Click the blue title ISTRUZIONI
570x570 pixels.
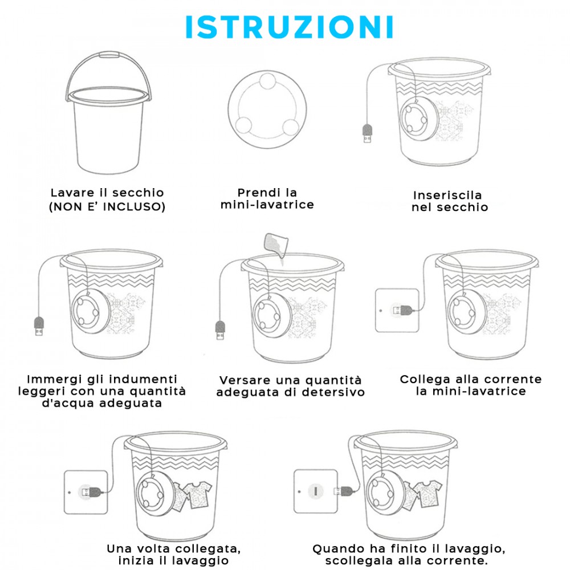pos(290,27)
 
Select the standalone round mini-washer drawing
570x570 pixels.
pos(267,109)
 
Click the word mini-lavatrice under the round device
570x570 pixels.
pos(267,205)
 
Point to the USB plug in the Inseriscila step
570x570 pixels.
pos(368,133)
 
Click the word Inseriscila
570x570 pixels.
pos(447,195)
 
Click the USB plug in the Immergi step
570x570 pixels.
pos(39,326)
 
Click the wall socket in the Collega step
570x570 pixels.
pos(397,311)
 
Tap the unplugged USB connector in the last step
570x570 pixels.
pos(344,491)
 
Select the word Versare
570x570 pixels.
pos(245,380)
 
